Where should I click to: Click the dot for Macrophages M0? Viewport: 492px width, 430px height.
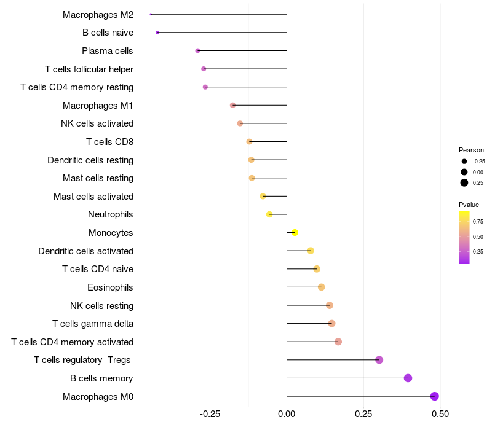pos(435,396)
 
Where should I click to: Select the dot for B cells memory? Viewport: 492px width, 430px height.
pos(408,378)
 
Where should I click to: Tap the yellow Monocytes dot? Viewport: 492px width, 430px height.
pos(295,233)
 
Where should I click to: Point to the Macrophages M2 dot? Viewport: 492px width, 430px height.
pos(151,14)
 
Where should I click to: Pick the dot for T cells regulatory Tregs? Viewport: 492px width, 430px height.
pos(379,360)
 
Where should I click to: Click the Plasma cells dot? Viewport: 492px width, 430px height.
pos(197,50)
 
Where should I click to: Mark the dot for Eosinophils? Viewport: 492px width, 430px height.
pos(321,287)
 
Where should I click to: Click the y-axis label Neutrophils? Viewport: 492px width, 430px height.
pos(111,214)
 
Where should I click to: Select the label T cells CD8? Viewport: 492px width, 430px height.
pos(109,142)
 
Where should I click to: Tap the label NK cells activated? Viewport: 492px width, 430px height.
pos(97,123)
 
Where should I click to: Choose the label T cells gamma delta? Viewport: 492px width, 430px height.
pos(93,324)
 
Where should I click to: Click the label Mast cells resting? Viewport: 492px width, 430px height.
pos(98,178)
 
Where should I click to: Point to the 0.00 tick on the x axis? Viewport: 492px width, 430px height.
pos(287,415)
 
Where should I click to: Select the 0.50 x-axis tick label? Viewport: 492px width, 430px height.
pos(440,415)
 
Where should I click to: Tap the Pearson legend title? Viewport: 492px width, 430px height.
pos(471,150)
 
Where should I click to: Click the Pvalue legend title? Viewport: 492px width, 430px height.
pos(469,205)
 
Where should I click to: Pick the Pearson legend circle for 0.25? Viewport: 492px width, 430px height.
pos(464,182)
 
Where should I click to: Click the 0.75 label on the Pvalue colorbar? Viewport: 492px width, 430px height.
pos(478,221)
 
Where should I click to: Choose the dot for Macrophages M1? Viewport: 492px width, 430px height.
pos(232,105)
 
